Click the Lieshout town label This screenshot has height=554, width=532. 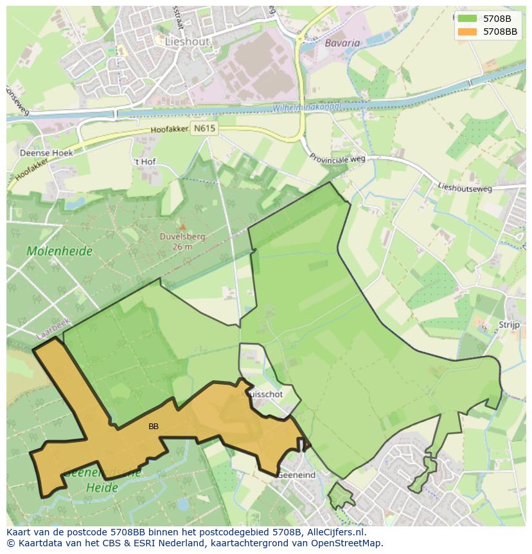tap(188, 41)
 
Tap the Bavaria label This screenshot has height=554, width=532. tap(342, 43)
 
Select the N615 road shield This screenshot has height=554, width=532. tap(205, 128)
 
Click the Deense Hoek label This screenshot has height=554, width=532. tap(46, 153)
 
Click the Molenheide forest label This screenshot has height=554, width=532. tap(60, 251)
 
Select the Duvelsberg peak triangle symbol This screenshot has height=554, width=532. tap(182, 226)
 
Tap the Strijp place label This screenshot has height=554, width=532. tap(509, 325)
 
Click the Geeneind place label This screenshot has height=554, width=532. tap(297, 475)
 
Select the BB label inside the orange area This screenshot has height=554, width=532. tap(154, 426)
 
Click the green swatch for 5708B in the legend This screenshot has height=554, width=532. tap(468, 19)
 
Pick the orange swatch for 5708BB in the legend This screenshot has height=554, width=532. tap(468, 32)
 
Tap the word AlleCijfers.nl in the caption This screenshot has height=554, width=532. tap(333, 532)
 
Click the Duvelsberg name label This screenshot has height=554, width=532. tap(182, 236)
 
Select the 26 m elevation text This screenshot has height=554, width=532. tap(182, 246)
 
